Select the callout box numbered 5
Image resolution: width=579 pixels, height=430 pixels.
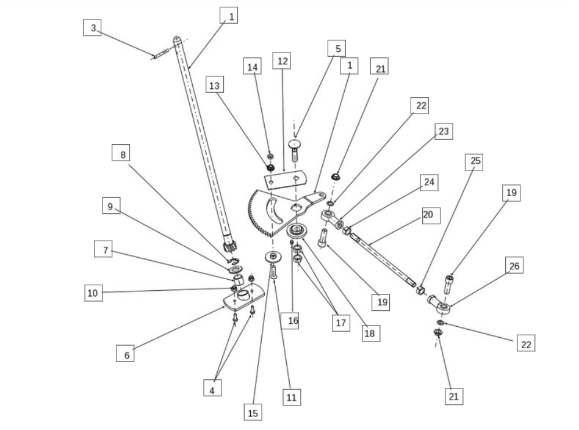[x=337, y=48]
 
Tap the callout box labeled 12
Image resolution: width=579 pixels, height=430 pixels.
[x=282, y=61]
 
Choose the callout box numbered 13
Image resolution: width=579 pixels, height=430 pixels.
[x=214, y=87]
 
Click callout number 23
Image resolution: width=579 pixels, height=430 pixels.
[x=444, y=131]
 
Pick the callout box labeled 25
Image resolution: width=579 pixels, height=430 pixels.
[x=473, y=162]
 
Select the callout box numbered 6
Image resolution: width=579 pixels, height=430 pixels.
[x=126, y=353]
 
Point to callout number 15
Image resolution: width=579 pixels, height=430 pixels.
[x=253, y=412]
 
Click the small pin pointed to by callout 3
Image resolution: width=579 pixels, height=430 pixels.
[x=160, y=56]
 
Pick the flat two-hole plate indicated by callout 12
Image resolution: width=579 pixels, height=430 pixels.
[x=284, y=180]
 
